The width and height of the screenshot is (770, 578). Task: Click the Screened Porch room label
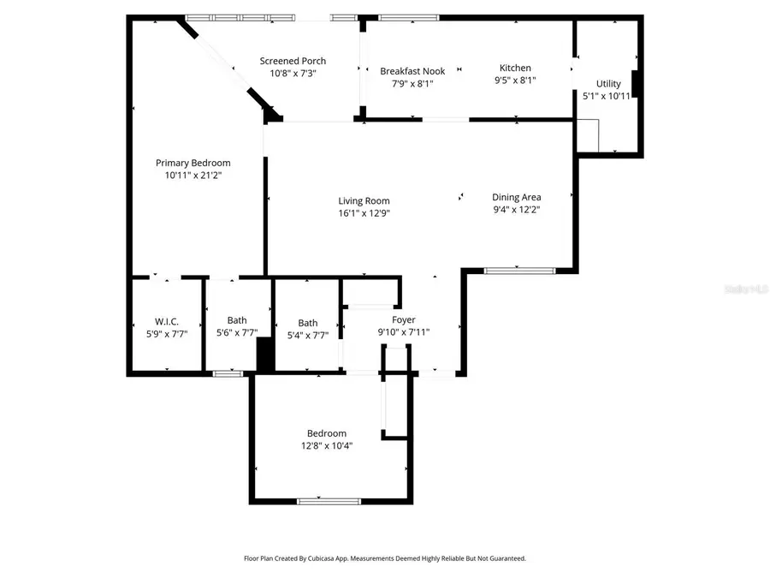[x=293, y=61]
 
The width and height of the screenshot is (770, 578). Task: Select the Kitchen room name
[x=515, y=68]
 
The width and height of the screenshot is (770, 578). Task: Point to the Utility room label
[x=608, y=84]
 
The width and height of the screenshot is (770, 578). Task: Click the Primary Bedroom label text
[x=192, y=163]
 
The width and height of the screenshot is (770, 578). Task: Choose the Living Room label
[x=364, y=201]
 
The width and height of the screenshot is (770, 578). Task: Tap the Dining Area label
[x=516, y=197]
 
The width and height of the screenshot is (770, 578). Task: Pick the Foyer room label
[x=404, y=320]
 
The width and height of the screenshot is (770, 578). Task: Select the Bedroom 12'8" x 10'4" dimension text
[x=327, y=445]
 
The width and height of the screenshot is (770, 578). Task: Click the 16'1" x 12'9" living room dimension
[x=364, y=213]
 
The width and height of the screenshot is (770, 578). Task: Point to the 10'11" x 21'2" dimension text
[x=192, y=175]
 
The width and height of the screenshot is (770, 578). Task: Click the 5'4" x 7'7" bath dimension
[x=308, y=335]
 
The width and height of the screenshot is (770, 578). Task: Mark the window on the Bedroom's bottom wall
[x=323, y=500]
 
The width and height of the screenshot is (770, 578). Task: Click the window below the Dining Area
[x=519, y=271]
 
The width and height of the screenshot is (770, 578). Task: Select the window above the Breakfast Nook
[x=408, y=17]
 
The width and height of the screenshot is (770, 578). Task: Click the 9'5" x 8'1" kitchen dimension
[x=515, y=80]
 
